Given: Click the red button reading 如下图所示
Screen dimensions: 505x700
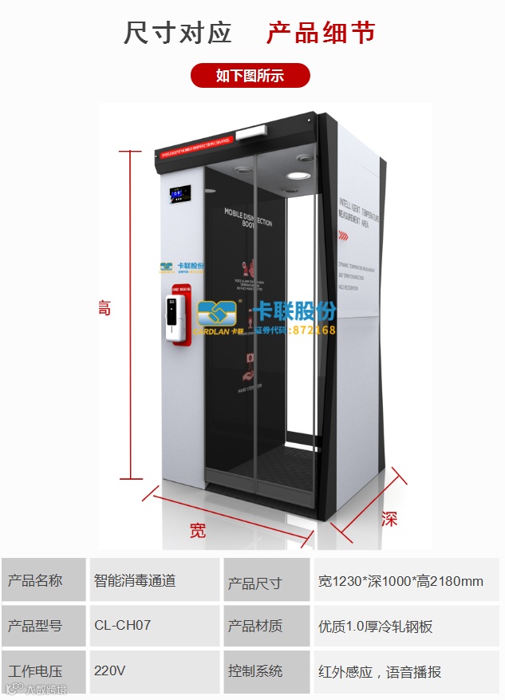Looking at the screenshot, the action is pyautogui.click(x=250, y=76).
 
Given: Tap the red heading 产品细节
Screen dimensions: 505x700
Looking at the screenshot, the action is pyautogui.click(x=320, y=33).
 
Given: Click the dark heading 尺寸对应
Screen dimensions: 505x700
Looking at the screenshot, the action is pyautogui.click(x=177, y=33).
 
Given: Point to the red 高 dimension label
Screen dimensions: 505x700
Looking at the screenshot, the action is pyautogui.click(x=104, y=308).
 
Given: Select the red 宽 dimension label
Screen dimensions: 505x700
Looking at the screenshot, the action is pyautogui.click(x=198, y=530).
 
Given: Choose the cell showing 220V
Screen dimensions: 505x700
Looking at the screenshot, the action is pyautogui.click(x=109, y=670).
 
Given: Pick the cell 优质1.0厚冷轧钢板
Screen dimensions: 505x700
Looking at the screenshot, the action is pyautogui.click(x=375, y=626).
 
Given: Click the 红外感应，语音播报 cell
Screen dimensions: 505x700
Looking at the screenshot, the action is pyautogui.click(x=379, y=671).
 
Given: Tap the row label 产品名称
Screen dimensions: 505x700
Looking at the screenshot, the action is pyautogui.click(x=34, y=580).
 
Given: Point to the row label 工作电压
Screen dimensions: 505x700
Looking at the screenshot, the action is pyautogui.click(x=34, y=671).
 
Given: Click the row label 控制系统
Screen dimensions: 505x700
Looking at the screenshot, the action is pyautogui.click(x=255, y=671).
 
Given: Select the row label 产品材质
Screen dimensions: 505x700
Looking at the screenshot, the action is pyautogui.click(x=255, y=626).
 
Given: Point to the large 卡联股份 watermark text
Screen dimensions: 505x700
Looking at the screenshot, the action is pyautogui.click(x=294, y=311).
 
